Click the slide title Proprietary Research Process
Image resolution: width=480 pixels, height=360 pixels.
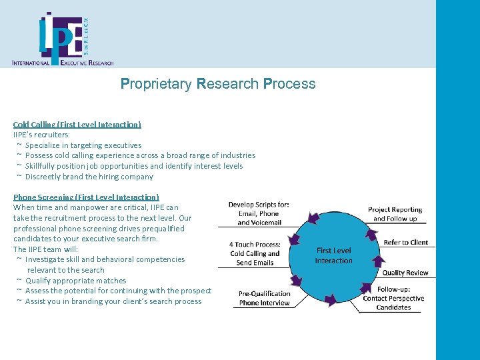tap(218, 84)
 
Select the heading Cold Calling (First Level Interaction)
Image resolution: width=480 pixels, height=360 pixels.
tap(77, 124)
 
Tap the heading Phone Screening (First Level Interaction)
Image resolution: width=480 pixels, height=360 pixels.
tap(86, 197)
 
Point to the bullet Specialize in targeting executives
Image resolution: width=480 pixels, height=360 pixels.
tap(83, 145)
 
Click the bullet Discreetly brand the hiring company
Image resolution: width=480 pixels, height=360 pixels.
tap(89, 177)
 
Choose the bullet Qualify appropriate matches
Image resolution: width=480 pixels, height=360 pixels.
tap(75, 281)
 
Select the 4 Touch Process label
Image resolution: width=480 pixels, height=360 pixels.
tap(255, 253)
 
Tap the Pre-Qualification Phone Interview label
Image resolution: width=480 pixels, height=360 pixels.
tap(265, 298)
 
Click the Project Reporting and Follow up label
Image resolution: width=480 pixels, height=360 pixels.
tap(395, 214)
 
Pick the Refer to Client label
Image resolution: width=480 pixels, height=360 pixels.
tap(405, 242)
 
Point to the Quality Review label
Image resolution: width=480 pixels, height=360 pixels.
tap(405, 273)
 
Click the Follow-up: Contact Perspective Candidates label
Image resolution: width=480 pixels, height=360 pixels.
tap(393, 299)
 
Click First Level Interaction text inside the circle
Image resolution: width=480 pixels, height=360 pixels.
tap(333, 255)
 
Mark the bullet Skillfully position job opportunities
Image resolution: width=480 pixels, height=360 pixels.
tap(133, 166)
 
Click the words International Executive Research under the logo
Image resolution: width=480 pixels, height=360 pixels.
tap(63, 62)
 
